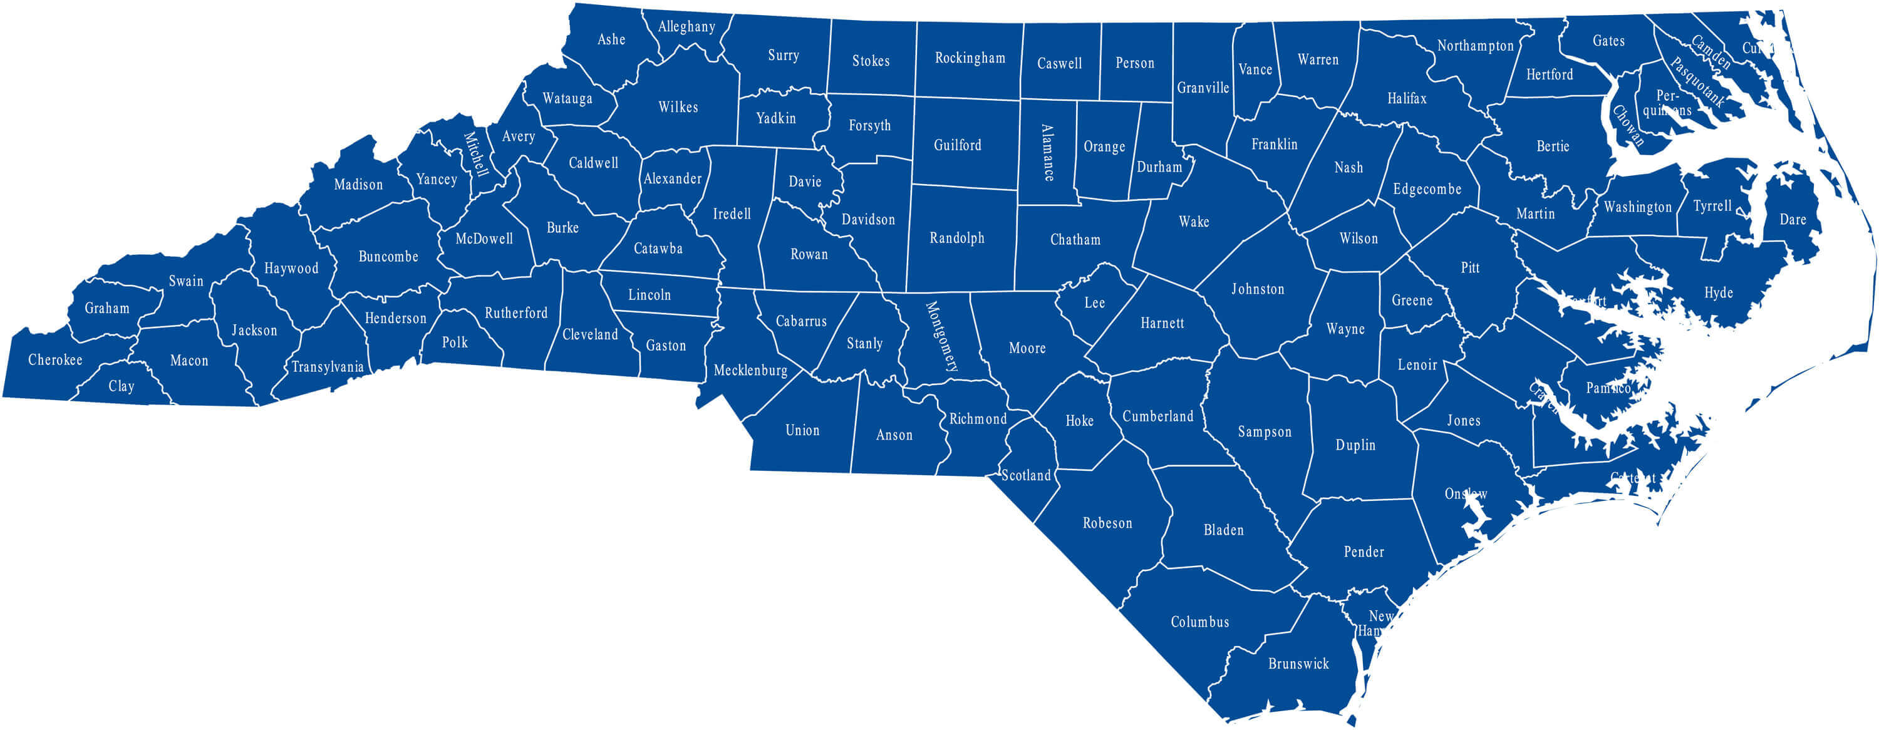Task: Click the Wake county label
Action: tap(1193, 222)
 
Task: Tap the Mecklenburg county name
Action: tap(750, 371)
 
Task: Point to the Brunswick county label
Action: tap(1298, 664)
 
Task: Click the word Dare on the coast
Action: tap(1792, 220)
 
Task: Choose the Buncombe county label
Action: tap(388, 257)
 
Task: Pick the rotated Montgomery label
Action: tap(941, 337)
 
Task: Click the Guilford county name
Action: tap(957, 145)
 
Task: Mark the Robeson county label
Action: tap(1107, 523)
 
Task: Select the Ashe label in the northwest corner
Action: tap(611, 39)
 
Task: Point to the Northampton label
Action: tap(1475, 46)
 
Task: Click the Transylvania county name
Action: tap(328, 367)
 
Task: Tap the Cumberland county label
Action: tap(1157, 416)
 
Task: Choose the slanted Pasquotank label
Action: tap(1697, 81)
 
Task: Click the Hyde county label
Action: tap(1719, 292)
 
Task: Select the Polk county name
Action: tap(455, 342)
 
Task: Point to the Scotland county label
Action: tap(1025, 475)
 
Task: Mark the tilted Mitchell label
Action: tap(475, 154)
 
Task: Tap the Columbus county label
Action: tap(1200, 622)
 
